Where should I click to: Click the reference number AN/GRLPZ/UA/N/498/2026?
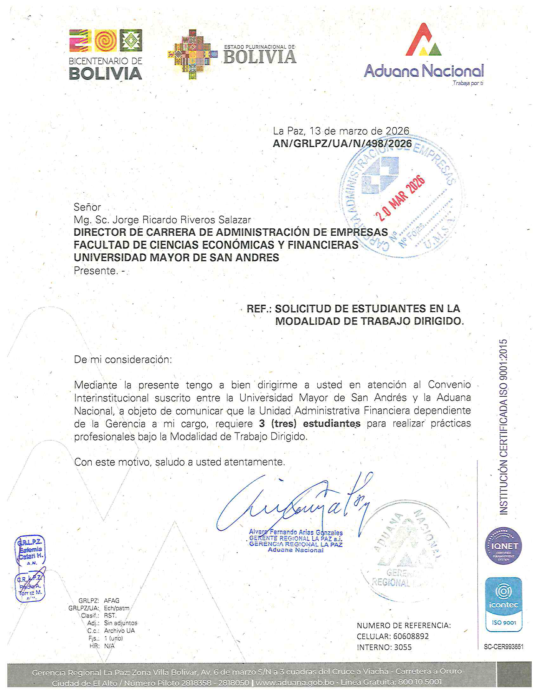[342, 144]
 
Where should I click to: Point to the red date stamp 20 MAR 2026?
[400, 199]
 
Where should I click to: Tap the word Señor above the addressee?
[87, 207]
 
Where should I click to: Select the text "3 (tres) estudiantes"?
[310, 424]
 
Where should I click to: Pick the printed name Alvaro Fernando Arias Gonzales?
[296, 532]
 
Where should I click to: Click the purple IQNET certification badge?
[503, 546]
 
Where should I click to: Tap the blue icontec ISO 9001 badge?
[503, 604]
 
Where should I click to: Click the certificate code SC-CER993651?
[503, 647]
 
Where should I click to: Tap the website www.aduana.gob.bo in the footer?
[295, 683]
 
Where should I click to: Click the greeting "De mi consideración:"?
[123, 360]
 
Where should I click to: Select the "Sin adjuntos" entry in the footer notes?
[121, 623]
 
